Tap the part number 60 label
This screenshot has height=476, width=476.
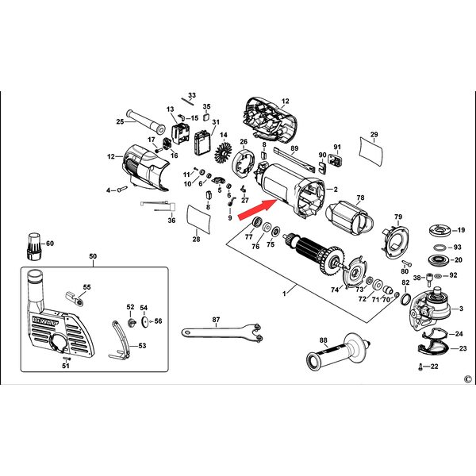click(49, 244)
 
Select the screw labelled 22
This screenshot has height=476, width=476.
click(418, 367)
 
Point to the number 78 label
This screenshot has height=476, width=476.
click(360, 198)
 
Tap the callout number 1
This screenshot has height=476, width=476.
click(282, 294)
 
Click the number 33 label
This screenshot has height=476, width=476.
click(191, 95)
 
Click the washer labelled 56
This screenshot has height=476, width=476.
click(144, 322)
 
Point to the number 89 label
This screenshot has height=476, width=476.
click(294, 148)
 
